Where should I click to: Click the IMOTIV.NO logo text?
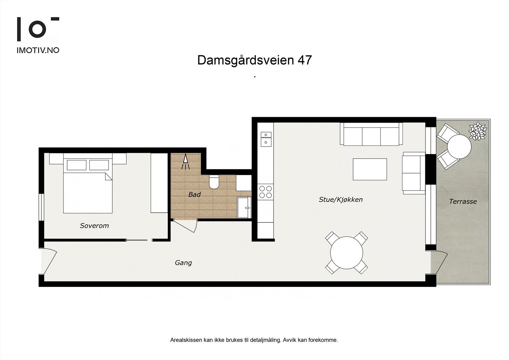click(x=38, y=50)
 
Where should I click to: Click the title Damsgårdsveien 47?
click(x=254, y=60)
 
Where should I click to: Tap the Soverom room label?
click(x=94, y=226)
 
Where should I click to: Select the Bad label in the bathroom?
click(x=194, y=194)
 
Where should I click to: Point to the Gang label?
click(x=183, y=263)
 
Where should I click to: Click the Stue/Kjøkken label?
click(x=341, y=200)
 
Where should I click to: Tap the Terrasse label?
click(x=463, y=201)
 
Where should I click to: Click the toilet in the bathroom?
click(x=213, y=182)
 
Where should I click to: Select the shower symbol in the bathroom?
click(x=185, y=162)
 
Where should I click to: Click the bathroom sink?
click(x=244, y=207)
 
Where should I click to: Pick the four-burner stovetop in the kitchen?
click(x=265, y=192)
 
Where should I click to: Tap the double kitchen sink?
click(x=266, y=139)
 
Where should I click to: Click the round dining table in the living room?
click(x=346, y=253)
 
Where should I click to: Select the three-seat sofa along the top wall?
click(x=371, y=134)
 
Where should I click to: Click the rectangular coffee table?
click(x=370, y=169)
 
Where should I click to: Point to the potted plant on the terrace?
click(x=478, y=131)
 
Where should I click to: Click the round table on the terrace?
click(x=459, y=147)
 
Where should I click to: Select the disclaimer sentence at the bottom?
click(x=254, y=340)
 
